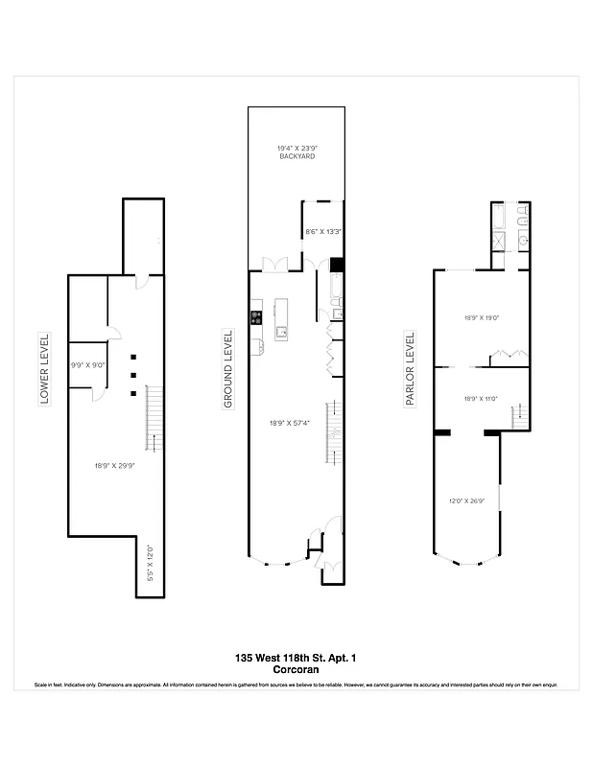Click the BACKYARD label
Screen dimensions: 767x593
(296, 155)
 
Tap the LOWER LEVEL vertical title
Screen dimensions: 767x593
(44, 369)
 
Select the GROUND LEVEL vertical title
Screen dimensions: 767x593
(227, 369)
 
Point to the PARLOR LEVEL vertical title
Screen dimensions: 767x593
(410, 369)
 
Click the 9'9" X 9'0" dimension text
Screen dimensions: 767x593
(86, 365)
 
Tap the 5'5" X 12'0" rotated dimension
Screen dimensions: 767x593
(150, 565)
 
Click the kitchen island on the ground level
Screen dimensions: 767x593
(281, 319)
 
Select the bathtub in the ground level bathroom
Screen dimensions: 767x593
(336, 287)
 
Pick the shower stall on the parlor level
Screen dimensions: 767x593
(499, 240)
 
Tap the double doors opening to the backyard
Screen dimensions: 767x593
(275, 266)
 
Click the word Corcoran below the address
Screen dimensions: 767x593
(296, 670)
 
